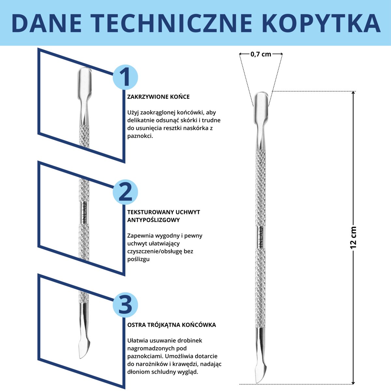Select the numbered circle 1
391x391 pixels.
click(125, 77)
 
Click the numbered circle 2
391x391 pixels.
click(125, 192)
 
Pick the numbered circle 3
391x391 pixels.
click(125, 305)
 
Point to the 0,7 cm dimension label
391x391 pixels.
click(261, 54)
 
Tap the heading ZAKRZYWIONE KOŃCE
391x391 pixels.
click(158, 97)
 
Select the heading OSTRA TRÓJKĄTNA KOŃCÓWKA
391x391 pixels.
click(171, 325)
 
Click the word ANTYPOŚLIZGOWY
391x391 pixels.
click(153, 220)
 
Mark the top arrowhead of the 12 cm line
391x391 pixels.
click(353, 93)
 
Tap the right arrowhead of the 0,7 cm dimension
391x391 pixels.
click(281, 54)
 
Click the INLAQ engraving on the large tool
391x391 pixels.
click(261, 237)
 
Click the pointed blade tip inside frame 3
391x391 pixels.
click(82, 357)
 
